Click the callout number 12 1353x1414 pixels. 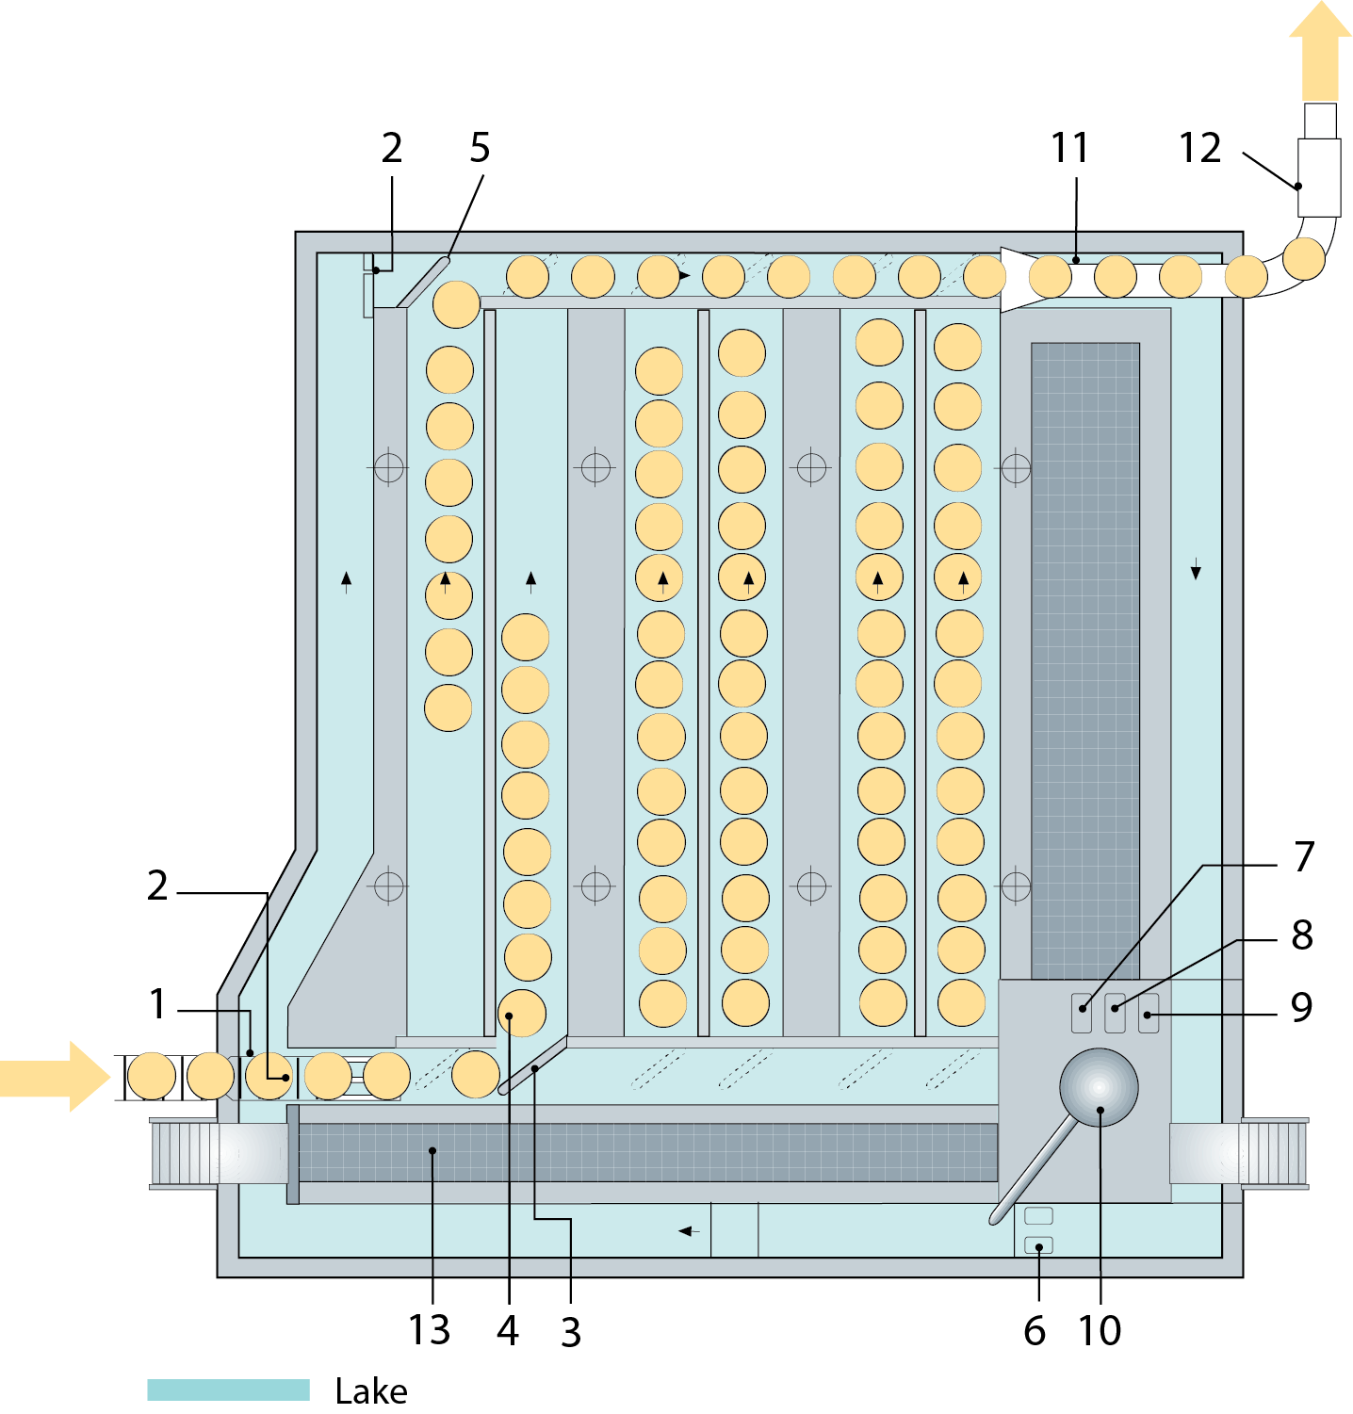point(1199,149)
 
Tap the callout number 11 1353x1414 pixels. point(1069,149)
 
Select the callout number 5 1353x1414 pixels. point(480,149)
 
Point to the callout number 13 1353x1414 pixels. point(429,1330)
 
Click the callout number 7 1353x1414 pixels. point(1303,857)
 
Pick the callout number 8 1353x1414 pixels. point(1302,935)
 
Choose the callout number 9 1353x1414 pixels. point(1301,1007)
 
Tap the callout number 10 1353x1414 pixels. point(1100,1330)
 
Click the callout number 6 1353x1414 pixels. point(1035,1331)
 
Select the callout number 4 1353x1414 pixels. point(508,1330)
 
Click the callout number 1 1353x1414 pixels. point(157,1004)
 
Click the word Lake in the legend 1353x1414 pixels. point(371,1391)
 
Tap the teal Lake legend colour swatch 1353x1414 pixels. point(228,1390)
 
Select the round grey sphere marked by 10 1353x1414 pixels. point(1099,1087)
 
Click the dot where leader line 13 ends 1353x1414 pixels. point(432,1150)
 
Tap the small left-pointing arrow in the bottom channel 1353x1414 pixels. point(689,1231)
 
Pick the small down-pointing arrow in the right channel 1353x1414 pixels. point(1196,570)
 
